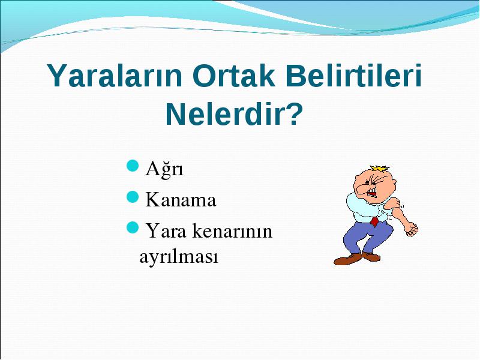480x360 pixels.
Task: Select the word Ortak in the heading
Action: (x=234, y=76)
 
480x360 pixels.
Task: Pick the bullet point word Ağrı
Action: (x=164, y=169)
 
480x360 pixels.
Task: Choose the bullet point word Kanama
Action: (x=181, y=200)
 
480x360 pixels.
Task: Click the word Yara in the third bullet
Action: (x=166, y=230)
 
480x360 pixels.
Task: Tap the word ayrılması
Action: (x=178, y=257)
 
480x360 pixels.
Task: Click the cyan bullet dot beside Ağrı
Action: (x=133, y=166)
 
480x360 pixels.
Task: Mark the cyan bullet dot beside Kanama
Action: (x=133, y=197)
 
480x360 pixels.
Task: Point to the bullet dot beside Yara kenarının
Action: (x=133, y=227)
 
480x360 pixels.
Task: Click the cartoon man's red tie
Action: (x=374, y=221)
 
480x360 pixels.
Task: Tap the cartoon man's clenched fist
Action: (x=411, y=229)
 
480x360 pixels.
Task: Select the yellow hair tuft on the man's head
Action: (x=380, y=169)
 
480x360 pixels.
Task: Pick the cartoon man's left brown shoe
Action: (x=347, y=259)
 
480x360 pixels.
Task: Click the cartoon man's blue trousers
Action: (x=367, y=236)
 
